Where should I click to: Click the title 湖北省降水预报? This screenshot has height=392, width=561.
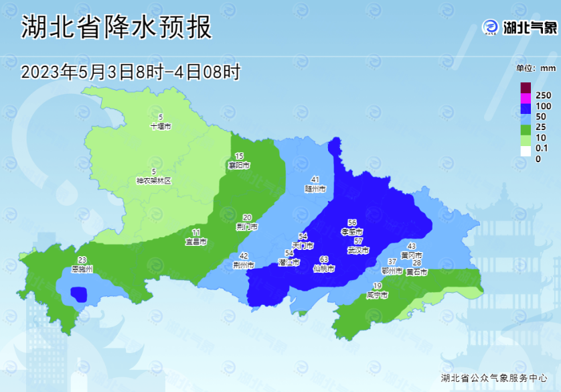[x=116, y=27]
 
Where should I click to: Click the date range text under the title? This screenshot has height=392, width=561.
[x=131, y=72]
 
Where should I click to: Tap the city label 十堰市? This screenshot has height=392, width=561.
[x=161, y=126]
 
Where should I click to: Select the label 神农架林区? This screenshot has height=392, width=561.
[x=154, y=181]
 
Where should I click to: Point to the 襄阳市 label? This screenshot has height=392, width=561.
[x=239, y=165]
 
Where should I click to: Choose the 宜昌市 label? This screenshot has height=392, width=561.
[x=196, y=241]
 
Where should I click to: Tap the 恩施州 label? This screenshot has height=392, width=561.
[x=82, y=269]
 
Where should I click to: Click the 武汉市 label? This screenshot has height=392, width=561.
[x=358, y=250]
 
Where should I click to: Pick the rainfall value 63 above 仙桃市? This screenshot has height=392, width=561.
[x=324, y=259]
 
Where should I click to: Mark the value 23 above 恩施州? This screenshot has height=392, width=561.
[x=82, y=260]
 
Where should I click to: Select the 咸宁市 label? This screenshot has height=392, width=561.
[x=377, y=295]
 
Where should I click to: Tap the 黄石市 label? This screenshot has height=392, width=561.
[x=416, y=272]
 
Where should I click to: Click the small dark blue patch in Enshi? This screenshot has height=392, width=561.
[x=79, y=293]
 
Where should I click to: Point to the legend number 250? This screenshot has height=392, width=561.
[x=543, y=95]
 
